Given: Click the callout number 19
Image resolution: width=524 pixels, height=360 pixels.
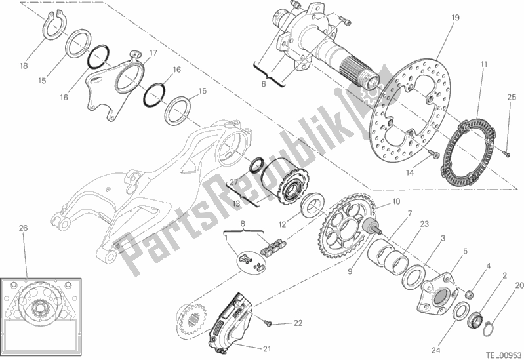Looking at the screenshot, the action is pos(455,18).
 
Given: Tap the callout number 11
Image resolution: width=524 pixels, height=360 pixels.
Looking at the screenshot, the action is pos(483,64).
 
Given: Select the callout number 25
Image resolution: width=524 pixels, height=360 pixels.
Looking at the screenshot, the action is pos(512,97).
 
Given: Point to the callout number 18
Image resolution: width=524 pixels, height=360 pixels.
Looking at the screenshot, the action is pos(24,66).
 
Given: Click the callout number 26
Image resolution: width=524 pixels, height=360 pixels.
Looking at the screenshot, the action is pos(23,228).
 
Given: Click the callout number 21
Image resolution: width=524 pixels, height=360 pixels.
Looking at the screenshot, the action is pos(266,349).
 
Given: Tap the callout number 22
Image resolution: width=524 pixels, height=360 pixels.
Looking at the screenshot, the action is pos(298,323).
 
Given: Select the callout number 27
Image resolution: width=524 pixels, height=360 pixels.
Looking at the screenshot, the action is pos(234,182).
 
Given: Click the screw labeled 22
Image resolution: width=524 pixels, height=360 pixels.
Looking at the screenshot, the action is pos(268,323).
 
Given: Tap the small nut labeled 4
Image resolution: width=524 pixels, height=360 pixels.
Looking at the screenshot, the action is pos(470,294).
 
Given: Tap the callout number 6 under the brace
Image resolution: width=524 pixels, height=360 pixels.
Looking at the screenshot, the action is pos(264,83).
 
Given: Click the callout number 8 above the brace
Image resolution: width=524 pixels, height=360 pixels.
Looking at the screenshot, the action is pos(243,223).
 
